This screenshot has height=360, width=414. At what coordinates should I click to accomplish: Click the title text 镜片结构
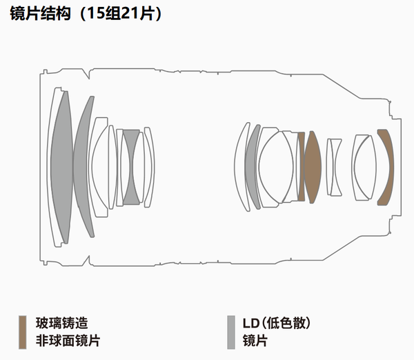(41, 14)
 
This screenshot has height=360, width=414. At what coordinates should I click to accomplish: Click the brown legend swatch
(22, 331)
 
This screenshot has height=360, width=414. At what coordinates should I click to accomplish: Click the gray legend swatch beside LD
(230, 331)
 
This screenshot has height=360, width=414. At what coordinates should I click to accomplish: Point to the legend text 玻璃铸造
(62, 323)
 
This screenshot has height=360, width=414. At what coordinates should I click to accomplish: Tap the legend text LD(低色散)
(275, 323)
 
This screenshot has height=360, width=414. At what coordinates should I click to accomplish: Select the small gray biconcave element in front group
(131, 166)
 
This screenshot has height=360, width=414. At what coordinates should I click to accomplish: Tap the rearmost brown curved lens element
(386, 166)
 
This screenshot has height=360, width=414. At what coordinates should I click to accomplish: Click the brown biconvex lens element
(313, 166)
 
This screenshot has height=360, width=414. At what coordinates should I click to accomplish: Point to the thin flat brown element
(301, 166)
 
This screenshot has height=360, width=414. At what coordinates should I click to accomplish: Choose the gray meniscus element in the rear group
(253, 166)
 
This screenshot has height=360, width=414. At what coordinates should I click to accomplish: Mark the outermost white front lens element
(55, 166)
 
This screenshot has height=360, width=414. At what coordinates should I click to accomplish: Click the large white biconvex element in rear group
(279, 166)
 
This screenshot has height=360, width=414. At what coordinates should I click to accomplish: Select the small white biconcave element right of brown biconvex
(334, 166)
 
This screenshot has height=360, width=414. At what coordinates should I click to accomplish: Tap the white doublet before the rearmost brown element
(364, 166)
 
